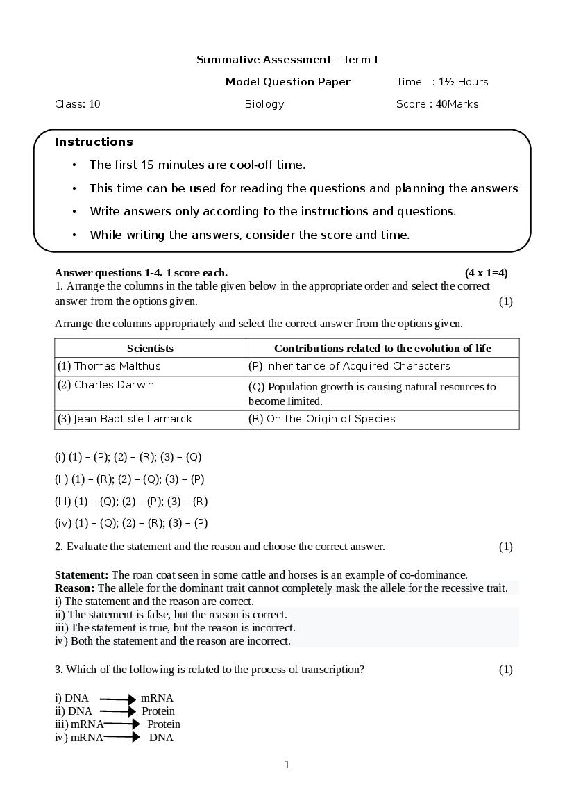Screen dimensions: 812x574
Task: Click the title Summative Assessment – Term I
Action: (287, 60)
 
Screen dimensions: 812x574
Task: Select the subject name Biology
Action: (264, 104)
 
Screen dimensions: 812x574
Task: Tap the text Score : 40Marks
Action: (437, 104)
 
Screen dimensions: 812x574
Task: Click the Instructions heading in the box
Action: (94, 142)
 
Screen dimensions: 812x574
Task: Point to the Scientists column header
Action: (150, 348)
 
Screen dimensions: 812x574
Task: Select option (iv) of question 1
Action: (131, 523)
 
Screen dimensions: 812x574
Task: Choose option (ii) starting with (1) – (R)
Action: (129, 479)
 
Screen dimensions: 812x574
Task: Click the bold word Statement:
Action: (81, 575)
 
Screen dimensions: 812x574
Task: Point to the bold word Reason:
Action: (75, 588)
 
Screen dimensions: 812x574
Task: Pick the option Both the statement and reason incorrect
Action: (173, 641)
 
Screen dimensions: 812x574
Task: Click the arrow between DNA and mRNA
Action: (117, 698)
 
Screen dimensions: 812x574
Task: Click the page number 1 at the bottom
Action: (287, 765)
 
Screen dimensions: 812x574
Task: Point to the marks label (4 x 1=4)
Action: (486, 273)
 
